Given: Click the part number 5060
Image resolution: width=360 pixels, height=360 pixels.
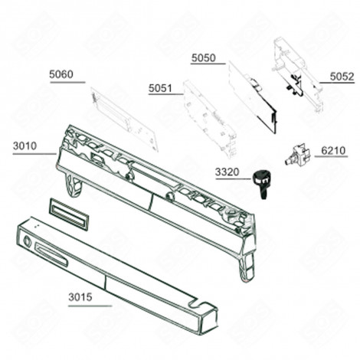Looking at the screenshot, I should [x=61, y=74].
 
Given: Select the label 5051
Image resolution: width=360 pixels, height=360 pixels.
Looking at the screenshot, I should [x=161, y=87].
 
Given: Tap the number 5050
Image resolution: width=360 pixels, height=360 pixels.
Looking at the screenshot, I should [x=203, y=57].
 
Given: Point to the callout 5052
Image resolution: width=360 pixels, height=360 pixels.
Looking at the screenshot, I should [x=342, y=77].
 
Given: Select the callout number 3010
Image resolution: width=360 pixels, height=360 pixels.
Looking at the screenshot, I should [x=25, y=145].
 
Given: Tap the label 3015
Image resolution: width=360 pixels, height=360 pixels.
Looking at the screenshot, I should [x=81, y=297].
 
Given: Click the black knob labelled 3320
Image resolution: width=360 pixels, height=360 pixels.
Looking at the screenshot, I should [x=260, y=181].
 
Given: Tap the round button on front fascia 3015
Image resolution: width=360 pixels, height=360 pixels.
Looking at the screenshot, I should [x=28, y=244].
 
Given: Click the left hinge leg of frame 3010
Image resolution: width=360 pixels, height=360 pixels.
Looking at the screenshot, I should [x=73, y=184].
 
